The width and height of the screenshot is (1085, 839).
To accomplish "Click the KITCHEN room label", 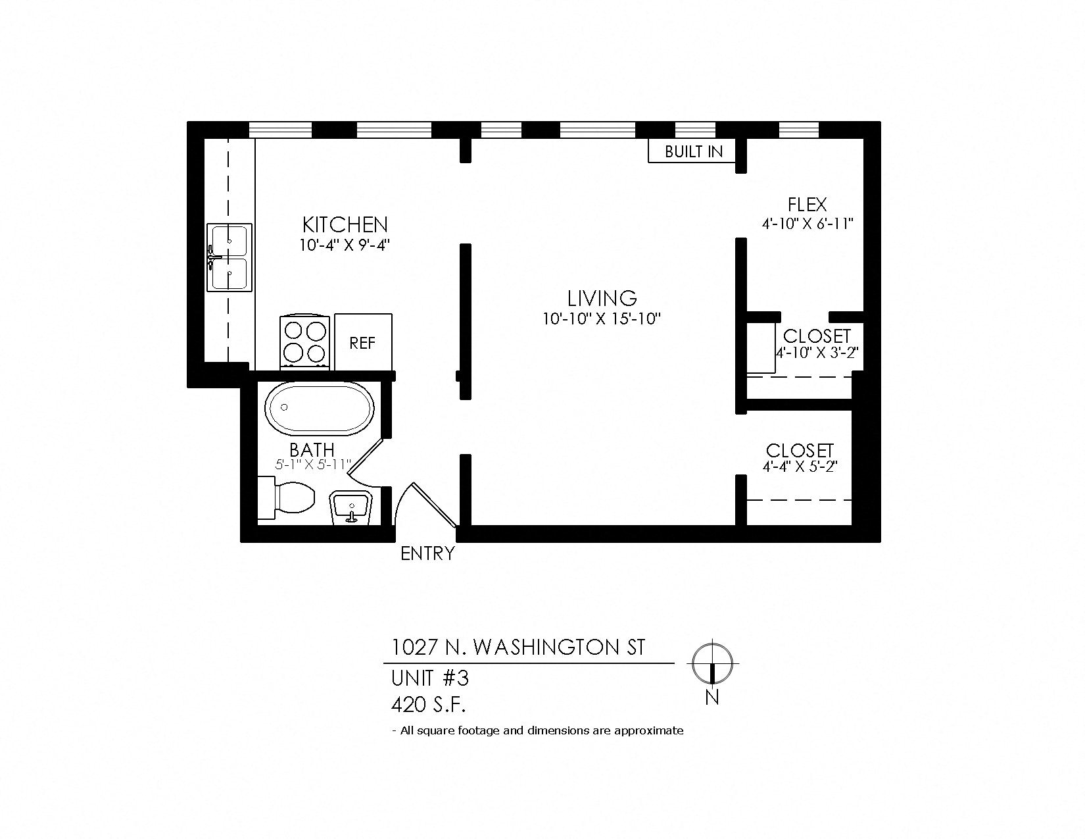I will pos(345,224).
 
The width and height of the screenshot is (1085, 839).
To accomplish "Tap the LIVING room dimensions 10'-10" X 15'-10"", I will pos(602,319).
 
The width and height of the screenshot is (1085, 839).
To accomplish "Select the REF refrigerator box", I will pos(363,342).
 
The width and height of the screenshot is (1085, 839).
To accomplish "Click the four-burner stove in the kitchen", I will pos(306,342).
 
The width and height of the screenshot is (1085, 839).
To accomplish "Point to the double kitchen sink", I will pos(229,257).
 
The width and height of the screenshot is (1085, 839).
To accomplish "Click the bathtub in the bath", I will pos(320,408).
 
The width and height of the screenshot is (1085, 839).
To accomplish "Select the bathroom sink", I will pos(353,507).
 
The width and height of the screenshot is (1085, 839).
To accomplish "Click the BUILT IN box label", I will pos(694,151).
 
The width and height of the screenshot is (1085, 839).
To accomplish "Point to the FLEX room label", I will pos(808,205).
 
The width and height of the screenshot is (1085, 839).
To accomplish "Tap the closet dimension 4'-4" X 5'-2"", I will pos(800,467).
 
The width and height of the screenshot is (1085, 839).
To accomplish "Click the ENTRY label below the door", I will pos(427,553).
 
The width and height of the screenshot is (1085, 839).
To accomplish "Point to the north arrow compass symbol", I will pos(713,663).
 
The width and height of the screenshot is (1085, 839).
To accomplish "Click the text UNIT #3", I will pos(429,677).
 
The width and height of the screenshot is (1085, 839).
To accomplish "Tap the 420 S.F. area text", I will pos(429,705).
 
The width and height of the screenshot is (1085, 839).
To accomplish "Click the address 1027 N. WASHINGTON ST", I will pos(518,648).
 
